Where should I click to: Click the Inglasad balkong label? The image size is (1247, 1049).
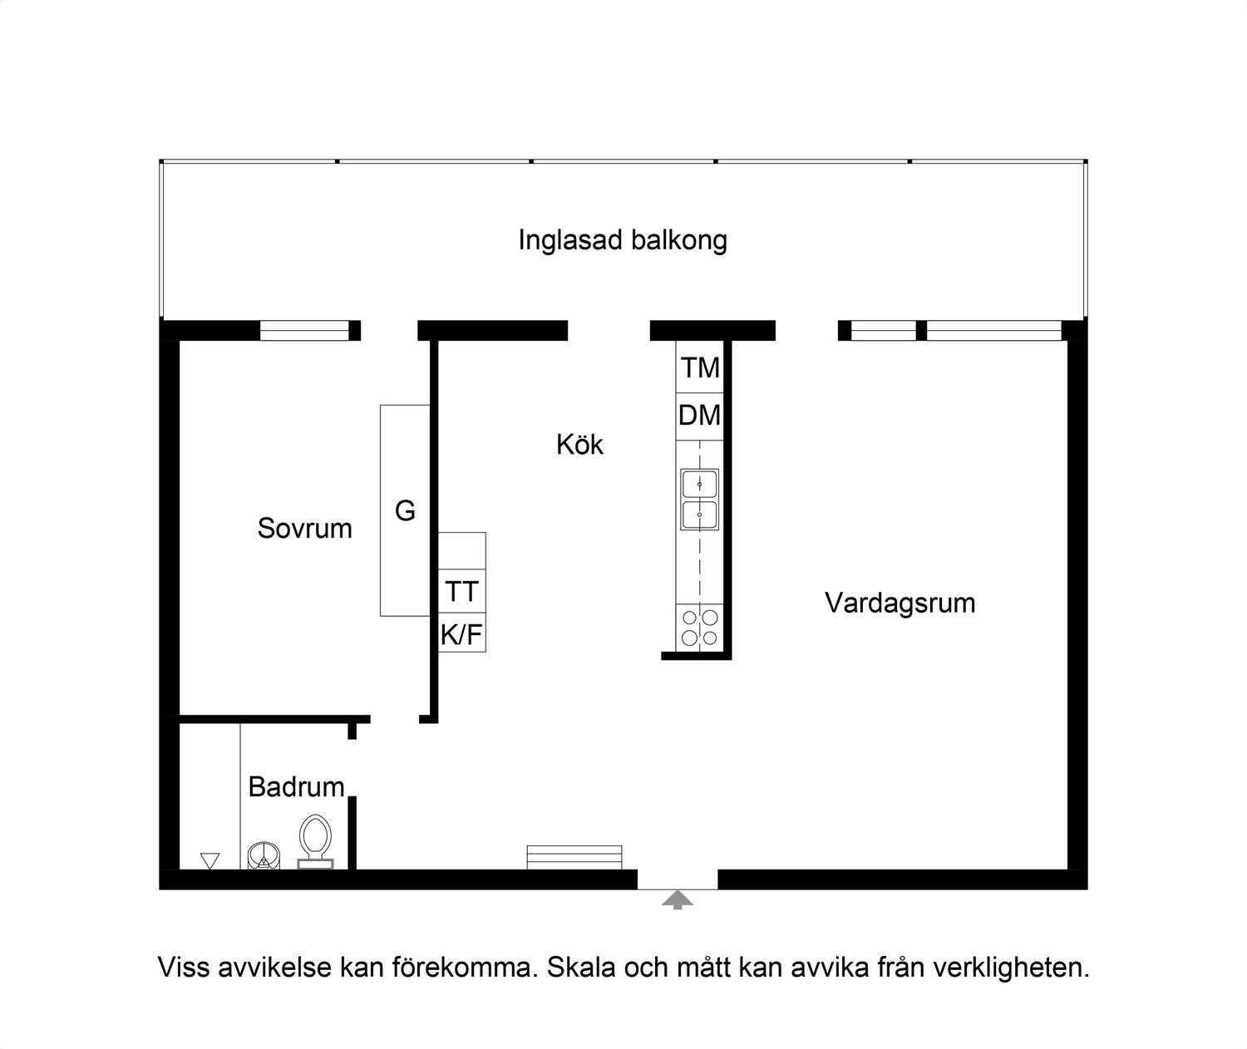click(x=623, y=240)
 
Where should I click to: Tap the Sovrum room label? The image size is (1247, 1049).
click(x=304, y=529)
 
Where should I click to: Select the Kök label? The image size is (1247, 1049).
click(x=579, y=445)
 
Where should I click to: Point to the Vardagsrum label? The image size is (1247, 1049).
click(x=900, y=603)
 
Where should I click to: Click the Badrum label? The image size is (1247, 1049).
click(x=296, y=786)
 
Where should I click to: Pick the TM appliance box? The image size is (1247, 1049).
click(x=700, y=367)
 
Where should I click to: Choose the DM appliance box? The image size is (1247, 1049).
click(x=700, y=416)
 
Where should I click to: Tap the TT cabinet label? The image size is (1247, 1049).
click(x=461, y=592)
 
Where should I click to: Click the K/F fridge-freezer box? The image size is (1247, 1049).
click(x=461, y=635)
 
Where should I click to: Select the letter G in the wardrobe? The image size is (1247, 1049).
click(x=405, y=510)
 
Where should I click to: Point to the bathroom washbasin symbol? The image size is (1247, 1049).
click(x=264, y=855)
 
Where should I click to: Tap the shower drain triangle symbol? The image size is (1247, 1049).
click(x=210, y=860)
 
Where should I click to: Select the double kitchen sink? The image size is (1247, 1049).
click(x=699, y=500)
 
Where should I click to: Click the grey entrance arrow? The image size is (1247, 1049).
click(x=678, y=899)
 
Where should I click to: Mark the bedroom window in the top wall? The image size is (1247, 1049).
click(x=304, y=331)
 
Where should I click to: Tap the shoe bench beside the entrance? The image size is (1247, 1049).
click(x=574, y=857)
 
